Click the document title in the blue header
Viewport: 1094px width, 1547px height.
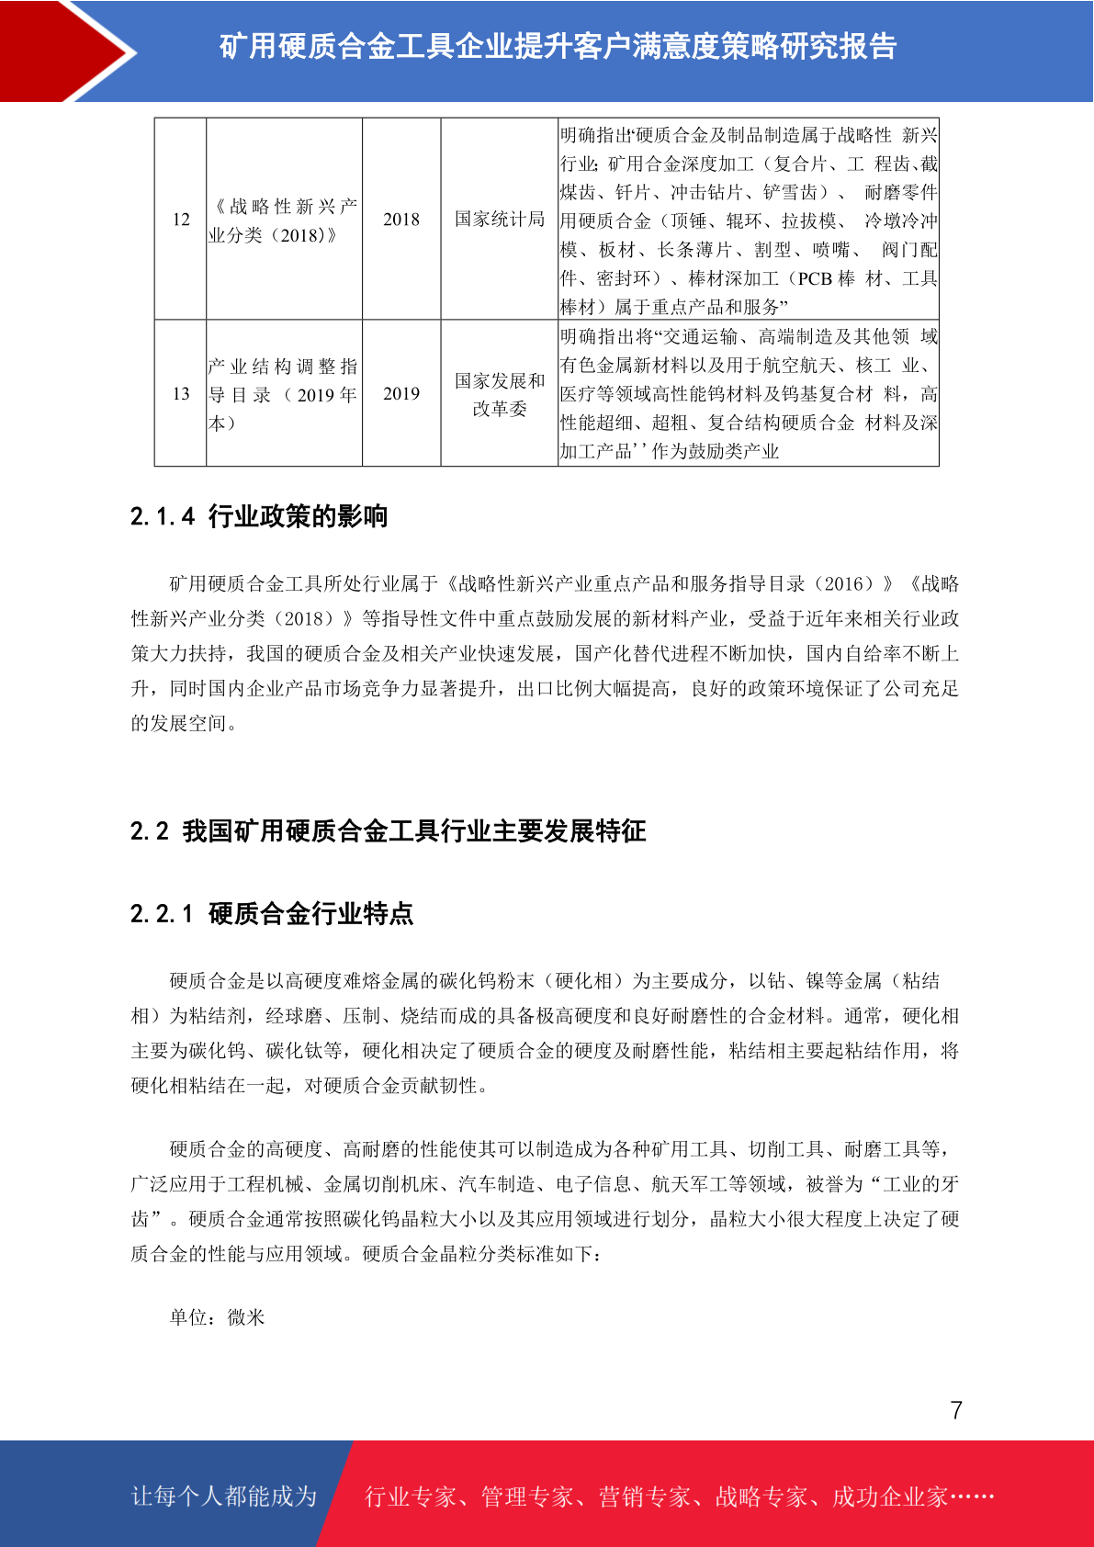[558, 46]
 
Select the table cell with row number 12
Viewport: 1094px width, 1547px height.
[181, 220]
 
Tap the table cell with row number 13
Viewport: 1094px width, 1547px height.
[181, 393]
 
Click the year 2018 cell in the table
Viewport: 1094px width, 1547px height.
[401, 220]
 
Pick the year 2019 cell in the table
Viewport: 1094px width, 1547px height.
[401, 393]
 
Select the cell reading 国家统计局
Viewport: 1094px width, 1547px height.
[500, 220]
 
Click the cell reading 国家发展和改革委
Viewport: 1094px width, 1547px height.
[500, 394]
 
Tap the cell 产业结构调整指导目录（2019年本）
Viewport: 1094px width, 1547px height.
[284, 394]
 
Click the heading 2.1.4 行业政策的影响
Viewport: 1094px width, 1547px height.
[259, 516]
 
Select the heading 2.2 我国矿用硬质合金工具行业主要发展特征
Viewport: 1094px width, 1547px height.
[388, 831]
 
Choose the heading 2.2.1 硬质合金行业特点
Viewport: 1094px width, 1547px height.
[272, 913]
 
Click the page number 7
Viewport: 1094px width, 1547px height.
[956, 1410]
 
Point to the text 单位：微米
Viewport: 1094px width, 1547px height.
[218, 1317]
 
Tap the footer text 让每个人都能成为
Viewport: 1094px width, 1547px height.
[224, 1496]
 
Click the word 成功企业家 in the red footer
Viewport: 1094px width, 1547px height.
[889, 1496]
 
